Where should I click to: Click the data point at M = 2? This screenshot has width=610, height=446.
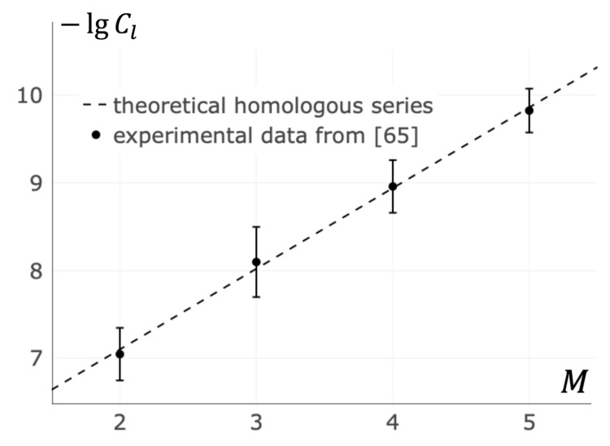120,354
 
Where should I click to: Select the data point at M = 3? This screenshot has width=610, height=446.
256,262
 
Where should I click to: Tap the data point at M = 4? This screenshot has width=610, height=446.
393,186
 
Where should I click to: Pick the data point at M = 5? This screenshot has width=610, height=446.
529,110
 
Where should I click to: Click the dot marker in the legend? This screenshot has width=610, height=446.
95,135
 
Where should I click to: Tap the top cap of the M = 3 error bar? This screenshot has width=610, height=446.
256,227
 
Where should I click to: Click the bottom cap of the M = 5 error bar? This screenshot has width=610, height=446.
529,132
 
